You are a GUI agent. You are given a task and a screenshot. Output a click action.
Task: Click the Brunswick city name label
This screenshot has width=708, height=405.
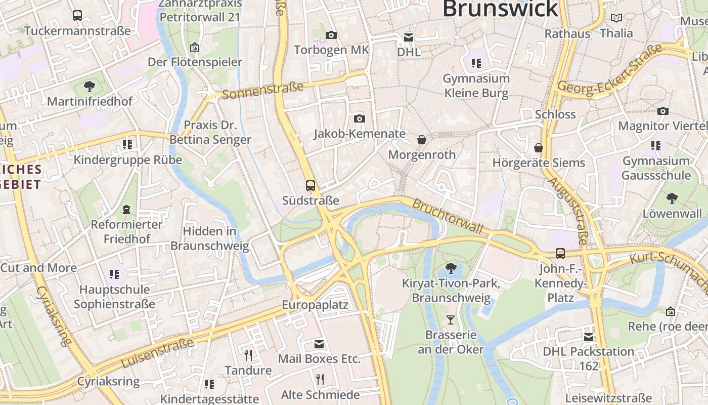500,9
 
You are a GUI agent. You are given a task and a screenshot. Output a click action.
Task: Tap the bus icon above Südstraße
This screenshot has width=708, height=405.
311,185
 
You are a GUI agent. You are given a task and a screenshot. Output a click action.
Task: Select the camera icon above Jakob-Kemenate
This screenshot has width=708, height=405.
360,118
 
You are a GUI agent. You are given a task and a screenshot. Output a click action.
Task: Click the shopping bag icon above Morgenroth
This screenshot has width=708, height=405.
422,139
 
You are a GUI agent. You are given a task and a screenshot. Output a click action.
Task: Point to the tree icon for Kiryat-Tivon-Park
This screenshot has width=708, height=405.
451,268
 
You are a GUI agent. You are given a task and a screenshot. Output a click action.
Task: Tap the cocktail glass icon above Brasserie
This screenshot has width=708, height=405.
451,319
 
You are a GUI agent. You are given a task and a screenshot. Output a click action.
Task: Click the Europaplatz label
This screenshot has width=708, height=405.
315,305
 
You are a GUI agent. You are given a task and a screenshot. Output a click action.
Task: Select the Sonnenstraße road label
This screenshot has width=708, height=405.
262,90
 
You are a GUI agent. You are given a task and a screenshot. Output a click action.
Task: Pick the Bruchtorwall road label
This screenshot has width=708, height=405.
448,216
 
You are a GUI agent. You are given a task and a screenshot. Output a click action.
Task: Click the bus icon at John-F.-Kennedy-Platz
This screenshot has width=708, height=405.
560,253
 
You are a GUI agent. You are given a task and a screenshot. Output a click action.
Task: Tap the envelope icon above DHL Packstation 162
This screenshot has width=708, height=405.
589,337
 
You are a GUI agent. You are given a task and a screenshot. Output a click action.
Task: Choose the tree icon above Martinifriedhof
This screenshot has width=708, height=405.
90,86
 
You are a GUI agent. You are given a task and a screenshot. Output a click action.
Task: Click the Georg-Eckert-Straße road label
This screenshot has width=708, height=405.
610,69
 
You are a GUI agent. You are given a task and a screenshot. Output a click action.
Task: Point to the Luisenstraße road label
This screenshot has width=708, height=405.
157,353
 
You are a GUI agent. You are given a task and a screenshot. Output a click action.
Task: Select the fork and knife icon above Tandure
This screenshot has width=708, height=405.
248,355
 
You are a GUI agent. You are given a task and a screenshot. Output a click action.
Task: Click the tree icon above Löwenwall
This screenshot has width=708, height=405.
672,198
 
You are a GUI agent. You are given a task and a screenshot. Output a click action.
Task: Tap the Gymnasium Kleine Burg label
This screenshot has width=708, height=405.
476,86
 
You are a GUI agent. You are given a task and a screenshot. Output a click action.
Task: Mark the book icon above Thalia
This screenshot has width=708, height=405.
616,18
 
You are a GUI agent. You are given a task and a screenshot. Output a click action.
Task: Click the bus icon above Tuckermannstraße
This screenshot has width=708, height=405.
77,16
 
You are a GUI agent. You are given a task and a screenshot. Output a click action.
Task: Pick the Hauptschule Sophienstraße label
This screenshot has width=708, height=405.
114,297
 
